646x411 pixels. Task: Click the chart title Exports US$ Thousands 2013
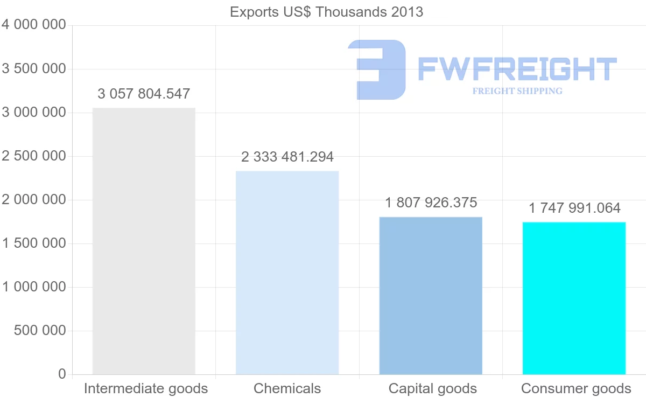(326, 12)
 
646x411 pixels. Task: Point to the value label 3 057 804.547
(144, 94)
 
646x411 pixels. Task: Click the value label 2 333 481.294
(287, 157)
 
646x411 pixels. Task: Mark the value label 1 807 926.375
(431, 203)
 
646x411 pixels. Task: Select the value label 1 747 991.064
(574, 208)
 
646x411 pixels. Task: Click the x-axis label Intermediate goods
(146, 388)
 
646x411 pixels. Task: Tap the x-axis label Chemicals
(287, 388)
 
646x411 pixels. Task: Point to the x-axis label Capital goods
(432, 388)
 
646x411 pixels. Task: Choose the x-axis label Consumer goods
(576, 388)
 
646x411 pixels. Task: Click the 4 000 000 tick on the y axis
(34, 25)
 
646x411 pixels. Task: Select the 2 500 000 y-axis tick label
(34, 156)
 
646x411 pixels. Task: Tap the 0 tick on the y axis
(62, 374)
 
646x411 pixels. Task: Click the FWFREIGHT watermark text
(517, 69)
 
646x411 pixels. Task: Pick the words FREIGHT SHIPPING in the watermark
(517, 91)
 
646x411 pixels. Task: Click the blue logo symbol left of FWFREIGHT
(377, 69)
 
